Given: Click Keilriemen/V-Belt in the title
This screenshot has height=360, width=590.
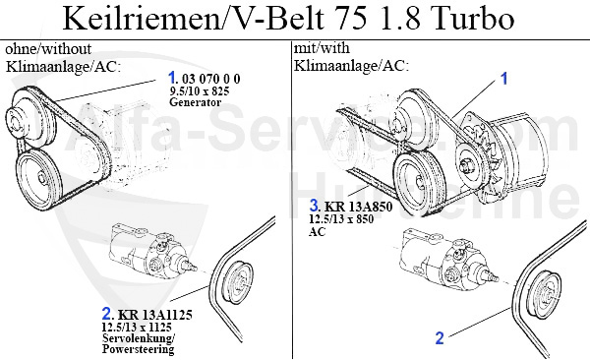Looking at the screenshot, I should point(193,21).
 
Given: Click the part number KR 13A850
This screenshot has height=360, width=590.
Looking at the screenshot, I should point(359,208).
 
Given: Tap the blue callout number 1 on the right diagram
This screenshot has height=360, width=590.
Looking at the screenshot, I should point(505,77).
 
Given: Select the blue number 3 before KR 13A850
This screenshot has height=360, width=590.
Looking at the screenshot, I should point(314,207).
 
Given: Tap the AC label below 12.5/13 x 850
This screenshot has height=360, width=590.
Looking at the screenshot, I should point(317,233).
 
